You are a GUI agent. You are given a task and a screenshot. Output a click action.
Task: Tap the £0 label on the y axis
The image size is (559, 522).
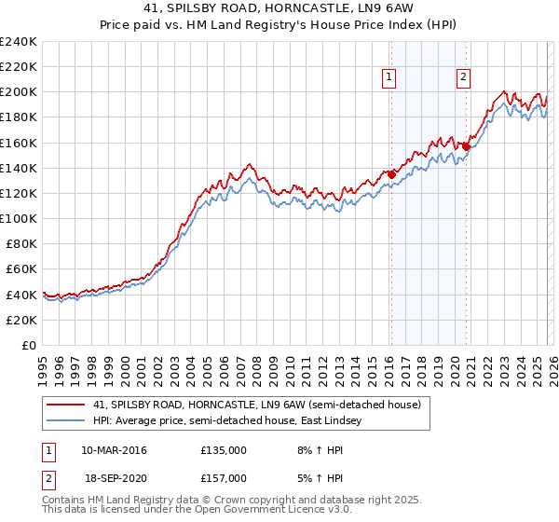[28, 345]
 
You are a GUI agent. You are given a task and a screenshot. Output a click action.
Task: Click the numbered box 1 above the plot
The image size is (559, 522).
[389, 78]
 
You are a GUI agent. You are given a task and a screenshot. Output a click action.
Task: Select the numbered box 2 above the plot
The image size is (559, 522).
[463, 78]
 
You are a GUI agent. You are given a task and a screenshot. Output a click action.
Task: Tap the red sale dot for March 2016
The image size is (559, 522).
[392, 173]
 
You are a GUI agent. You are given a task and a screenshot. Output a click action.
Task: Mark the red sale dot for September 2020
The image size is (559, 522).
[467, 146]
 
